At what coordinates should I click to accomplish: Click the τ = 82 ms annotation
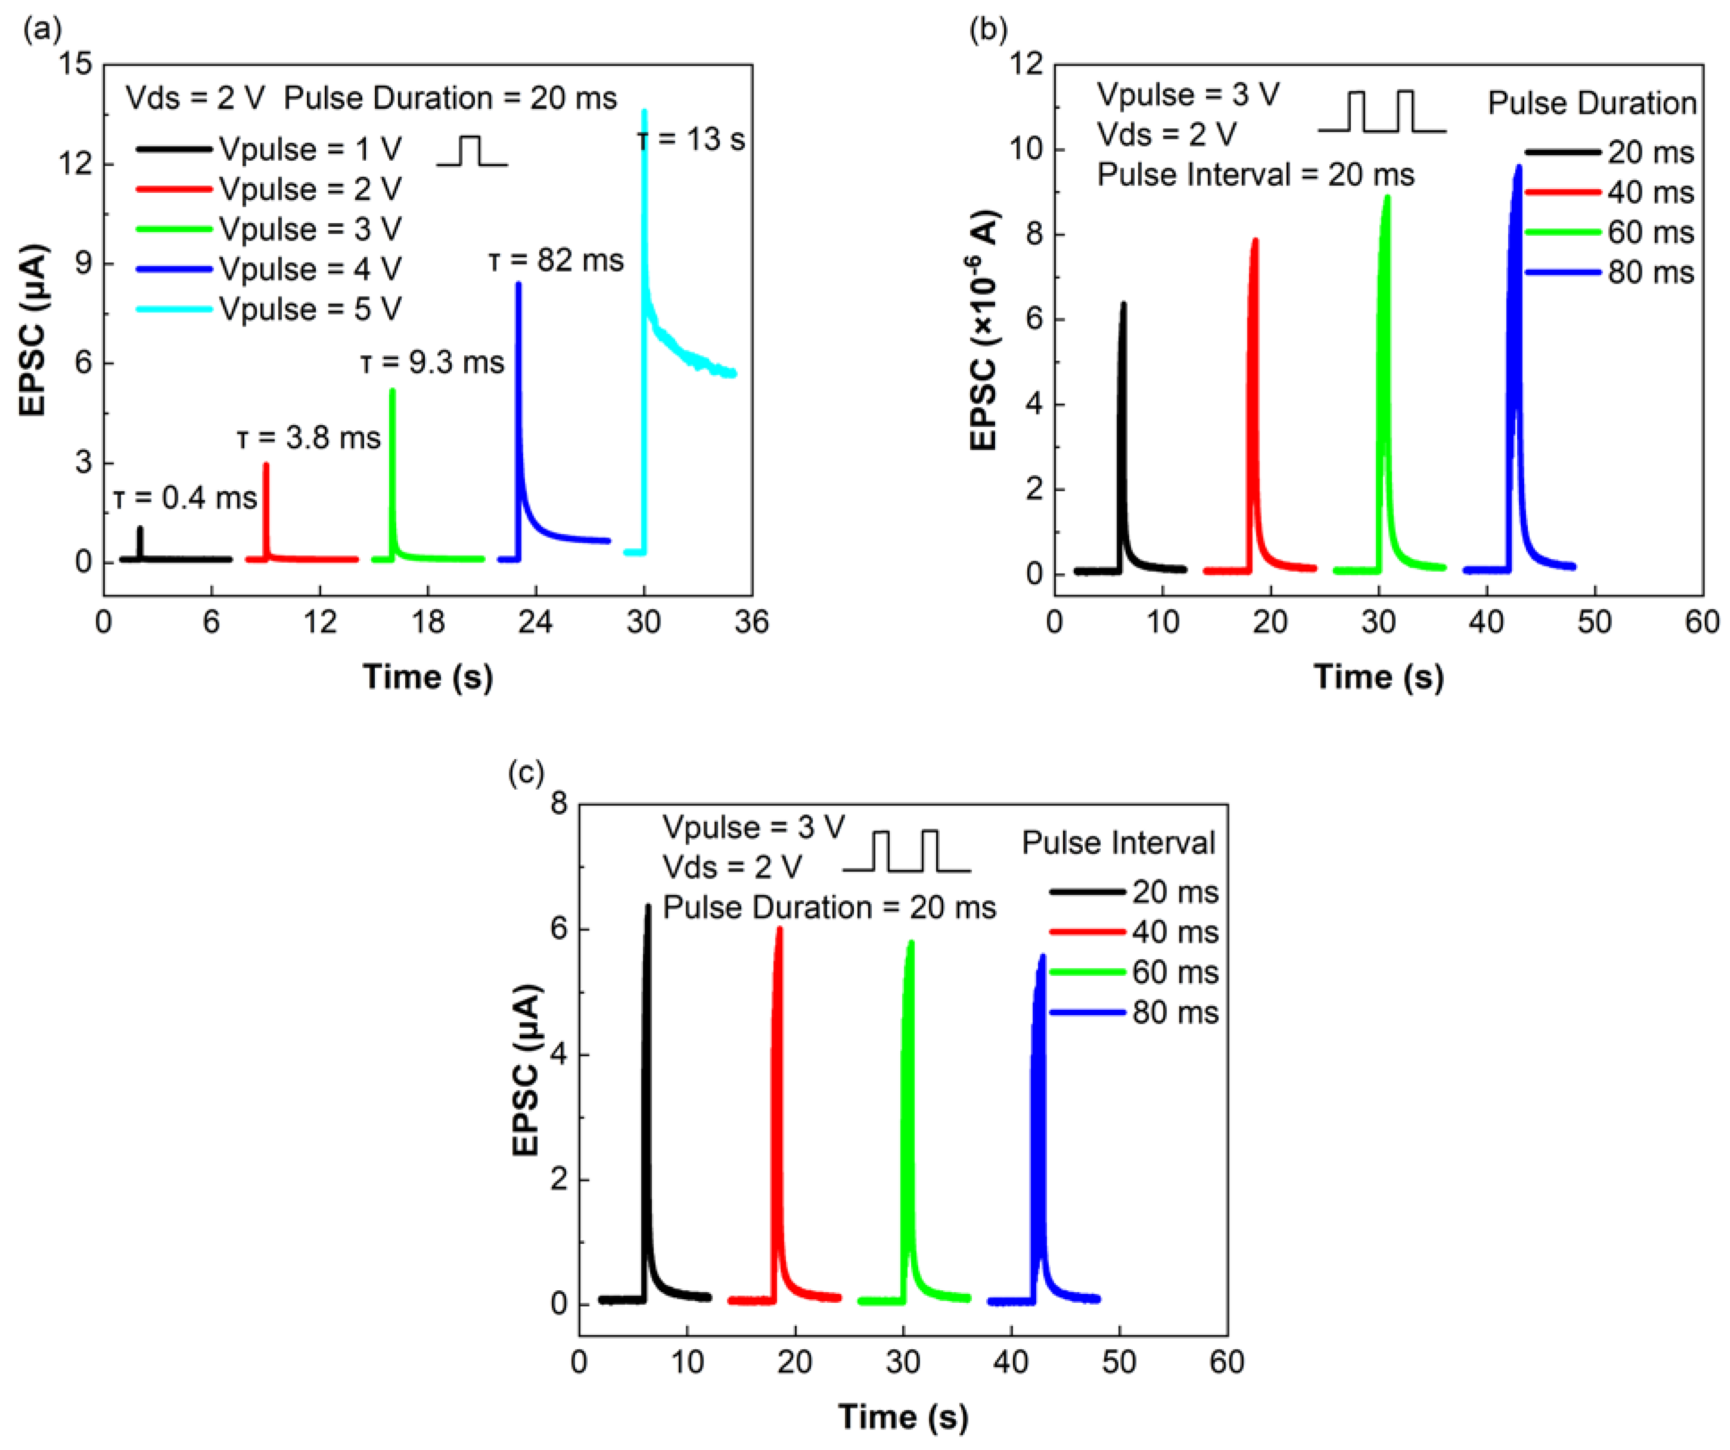[556, 261]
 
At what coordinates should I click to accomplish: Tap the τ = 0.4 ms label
[185, 498]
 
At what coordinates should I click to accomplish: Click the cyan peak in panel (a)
[644, 111]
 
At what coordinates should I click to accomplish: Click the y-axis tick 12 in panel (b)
[1026, 64]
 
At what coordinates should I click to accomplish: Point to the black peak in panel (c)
[648, 907]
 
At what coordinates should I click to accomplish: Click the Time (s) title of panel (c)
[903, 1417]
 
